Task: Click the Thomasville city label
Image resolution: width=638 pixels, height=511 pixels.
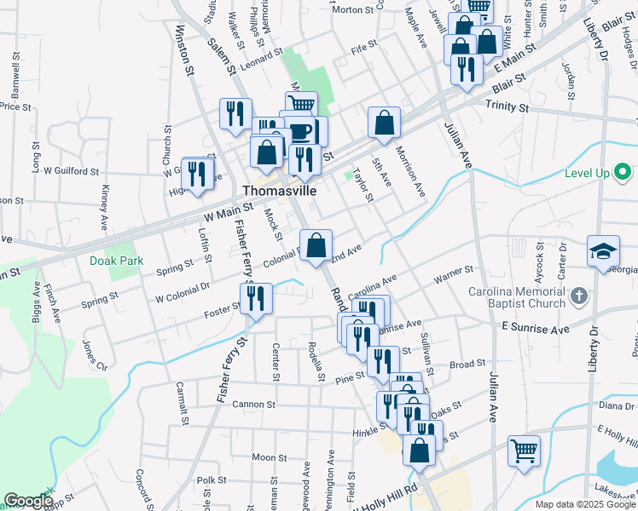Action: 279,191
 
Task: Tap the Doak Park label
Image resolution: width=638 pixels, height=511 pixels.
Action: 117,261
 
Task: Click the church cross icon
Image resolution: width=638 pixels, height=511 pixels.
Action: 579,296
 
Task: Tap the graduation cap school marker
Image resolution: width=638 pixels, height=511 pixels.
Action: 603,251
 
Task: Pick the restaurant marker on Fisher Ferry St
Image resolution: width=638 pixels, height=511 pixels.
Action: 256,299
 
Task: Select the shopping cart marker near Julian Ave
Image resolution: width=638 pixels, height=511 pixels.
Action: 525,452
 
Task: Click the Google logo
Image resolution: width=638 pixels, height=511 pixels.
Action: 27,502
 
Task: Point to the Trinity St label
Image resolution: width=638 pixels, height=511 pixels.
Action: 507,106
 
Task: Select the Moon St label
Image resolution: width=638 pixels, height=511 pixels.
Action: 269,457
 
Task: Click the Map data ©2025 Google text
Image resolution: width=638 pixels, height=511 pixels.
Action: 584,504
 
